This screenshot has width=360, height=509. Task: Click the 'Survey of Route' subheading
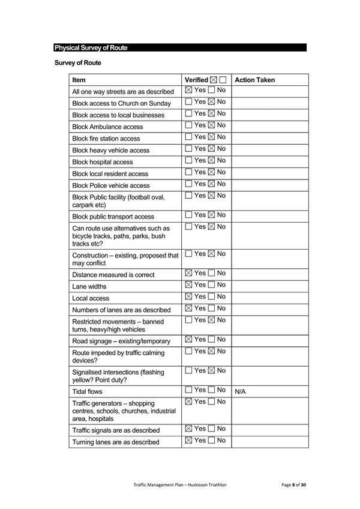click(x=77, y=62)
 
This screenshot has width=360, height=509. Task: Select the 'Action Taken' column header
click(x=254, y=80)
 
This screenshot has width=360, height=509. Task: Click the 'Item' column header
click(x=79, y=80)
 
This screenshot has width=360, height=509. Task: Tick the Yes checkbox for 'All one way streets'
click(x=188, y=91)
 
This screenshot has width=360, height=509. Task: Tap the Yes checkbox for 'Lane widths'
click(x=188, y=285)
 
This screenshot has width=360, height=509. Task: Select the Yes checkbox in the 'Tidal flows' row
click(x=188, y=390)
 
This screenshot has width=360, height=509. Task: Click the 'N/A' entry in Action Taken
click(x=241, y=391)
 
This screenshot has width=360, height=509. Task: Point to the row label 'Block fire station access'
click(x=106, y=139)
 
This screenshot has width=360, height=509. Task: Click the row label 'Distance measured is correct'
click(x=113, y=275)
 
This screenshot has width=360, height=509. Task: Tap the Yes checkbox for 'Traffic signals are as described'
click(x=188, y=429)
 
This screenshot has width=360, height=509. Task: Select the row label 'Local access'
click(x=91, y=298)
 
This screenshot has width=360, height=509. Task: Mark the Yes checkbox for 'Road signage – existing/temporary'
click(x=188, y=340)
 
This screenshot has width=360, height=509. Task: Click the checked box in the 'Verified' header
click(x=214, y=80)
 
